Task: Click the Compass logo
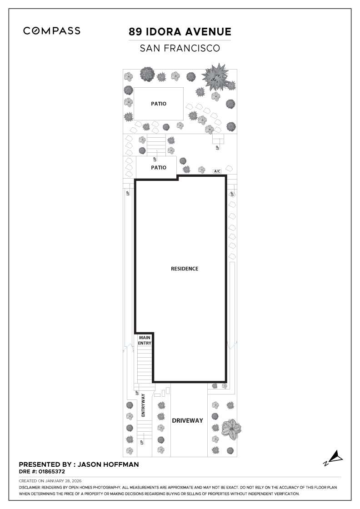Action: click(x=52, y=31)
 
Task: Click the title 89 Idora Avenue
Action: click(x=180, y=32)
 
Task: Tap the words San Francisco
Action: click(x=180, y=48)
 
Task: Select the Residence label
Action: click(x=185, y=269)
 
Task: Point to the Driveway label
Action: click(x=187, y=420)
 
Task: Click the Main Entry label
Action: click(x=145, y=340)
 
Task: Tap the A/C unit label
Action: click(x=217, y=171)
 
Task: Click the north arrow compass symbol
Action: click(x=334, y=457)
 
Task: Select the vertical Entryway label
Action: click(x=143, y=405)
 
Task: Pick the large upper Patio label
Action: click(x=159, y=104)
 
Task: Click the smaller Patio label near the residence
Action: click(x=159, y=168)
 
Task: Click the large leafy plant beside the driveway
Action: click(x=231, y=429)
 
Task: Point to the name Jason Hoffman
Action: click(x=109, y=464)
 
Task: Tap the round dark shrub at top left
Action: click(x=147, y=74)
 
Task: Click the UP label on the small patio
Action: click(x=155, y=160)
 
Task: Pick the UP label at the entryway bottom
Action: click(x=142, y=442)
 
